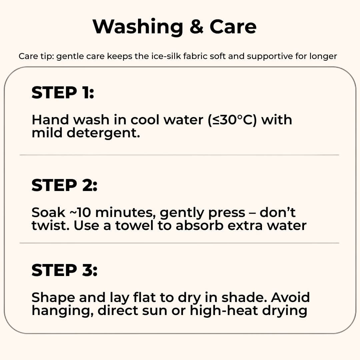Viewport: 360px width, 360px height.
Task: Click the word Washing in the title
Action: coord(138,27)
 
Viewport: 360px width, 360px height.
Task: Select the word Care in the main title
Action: coord(233,27)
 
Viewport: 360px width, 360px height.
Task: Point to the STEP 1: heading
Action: coord(63,93)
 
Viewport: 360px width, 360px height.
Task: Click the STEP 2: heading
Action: coord(64,185)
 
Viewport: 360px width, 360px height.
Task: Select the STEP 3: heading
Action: coord(64,270)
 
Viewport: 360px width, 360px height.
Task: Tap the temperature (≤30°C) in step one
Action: coord(232,120)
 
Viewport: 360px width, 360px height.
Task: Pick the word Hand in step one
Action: coord(50,120)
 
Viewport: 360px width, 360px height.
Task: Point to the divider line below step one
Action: coord(179,155)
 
